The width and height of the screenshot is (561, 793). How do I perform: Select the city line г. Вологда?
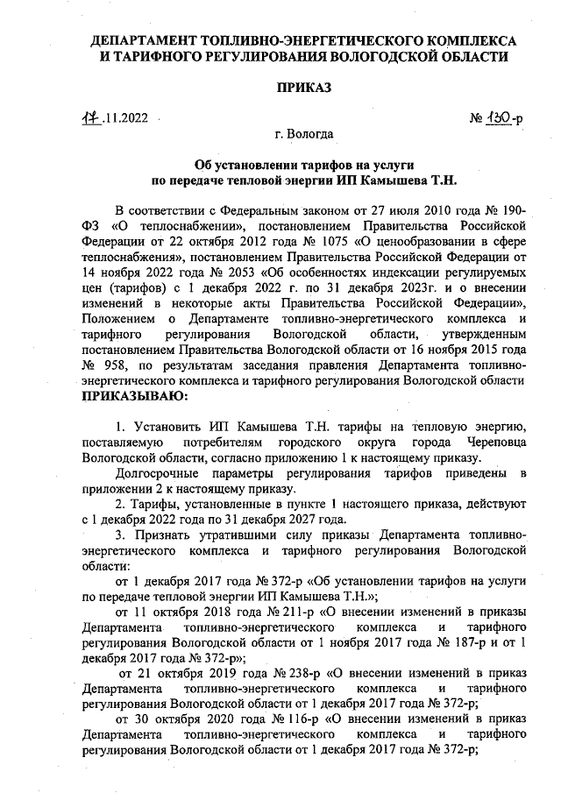pyautogui.click(x=303, y=134)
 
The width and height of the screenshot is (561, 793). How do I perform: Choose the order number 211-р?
pyautogui.click(x=265, y=610)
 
